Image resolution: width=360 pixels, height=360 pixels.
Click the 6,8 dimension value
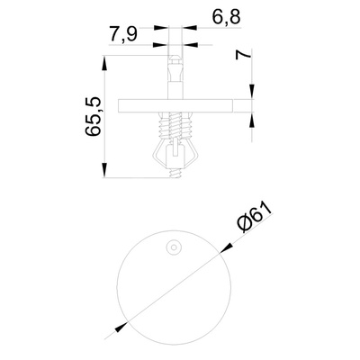[227, 17]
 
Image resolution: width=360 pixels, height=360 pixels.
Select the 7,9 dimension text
[123, 34]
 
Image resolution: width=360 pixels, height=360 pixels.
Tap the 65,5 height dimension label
[93, 116]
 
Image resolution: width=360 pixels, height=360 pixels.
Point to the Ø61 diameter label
[256, 218]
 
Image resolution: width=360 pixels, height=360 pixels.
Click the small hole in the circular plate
[174, 247]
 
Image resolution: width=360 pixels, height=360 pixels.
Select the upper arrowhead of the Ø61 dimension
[227, 248]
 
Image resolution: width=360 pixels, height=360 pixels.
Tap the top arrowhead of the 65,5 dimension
[104, 63]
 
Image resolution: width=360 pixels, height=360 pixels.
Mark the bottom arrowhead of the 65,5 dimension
[104, 170]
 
